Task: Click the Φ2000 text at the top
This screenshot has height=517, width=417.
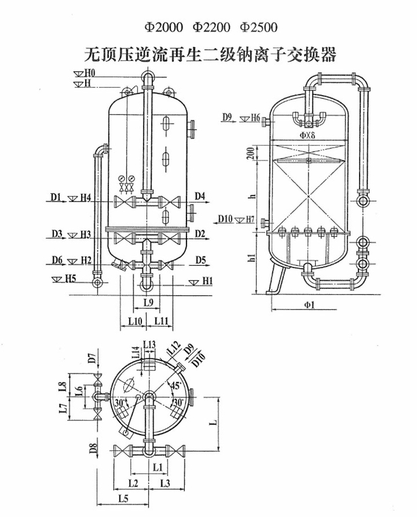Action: (165, 27)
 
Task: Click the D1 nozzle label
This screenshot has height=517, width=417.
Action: (54, 197)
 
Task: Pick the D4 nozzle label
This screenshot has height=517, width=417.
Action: (200, 196)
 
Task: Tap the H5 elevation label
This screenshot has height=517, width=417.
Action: (69, 278)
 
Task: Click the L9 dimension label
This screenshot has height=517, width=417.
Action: (148, 303)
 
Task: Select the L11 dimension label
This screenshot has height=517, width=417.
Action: (162, 321)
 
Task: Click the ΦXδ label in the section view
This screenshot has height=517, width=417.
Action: (309, 135)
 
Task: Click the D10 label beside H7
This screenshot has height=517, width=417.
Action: (225, 218)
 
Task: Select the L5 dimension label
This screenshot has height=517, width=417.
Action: (126, 498)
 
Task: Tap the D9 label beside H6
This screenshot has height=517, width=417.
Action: (227, 117)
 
